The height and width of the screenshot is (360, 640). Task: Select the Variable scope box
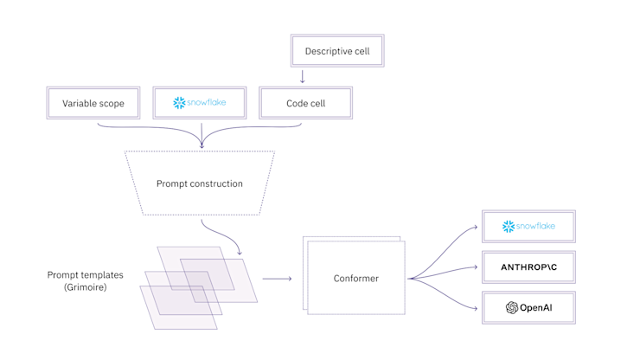click(93, 103)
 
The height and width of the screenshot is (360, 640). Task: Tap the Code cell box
click(305, 103)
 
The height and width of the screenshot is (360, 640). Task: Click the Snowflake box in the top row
click(200, 103)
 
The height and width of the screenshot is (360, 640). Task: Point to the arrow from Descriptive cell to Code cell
click(303, 76)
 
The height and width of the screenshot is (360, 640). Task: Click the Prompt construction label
click(200, 183)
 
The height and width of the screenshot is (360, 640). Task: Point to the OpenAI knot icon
click(512, 307)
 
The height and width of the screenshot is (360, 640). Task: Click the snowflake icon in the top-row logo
click(179, 103)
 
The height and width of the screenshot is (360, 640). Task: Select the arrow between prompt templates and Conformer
click(277, 279)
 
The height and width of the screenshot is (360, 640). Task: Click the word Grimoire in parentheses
click(85, 286)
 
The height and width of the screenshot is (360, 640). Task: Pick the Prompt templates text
click(85, 274)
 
